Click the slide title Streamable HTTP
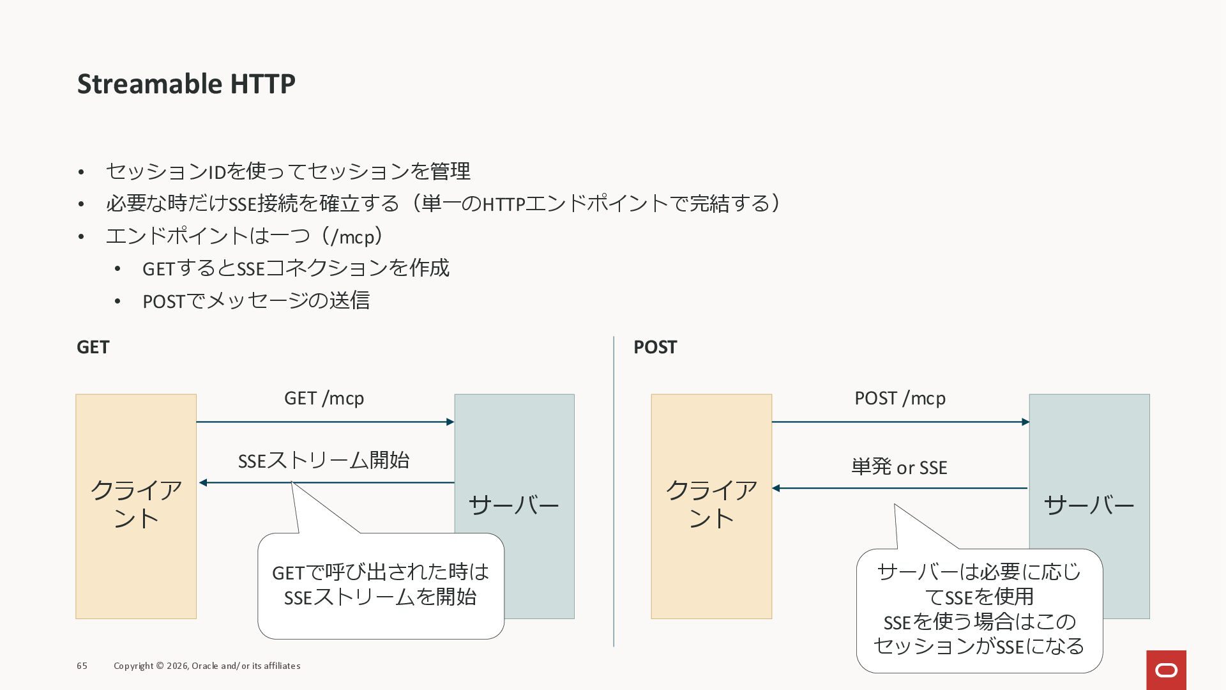tap(186, 84)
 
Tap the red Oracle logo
tap(1166, 670)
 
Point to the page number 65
tap(82, 666)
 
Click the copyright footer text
tap(207, 666)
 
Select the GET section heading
tap(93, 347)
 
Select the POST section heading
tap(655, 347)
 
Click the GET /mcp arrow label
tap(324, 398)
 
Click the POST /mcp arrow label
tap(900, 398)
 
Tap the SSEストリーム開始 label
tap(323, 460)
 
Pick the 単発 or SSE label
tap(899, 467)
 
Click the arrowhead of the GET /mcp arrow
tap(450, 422)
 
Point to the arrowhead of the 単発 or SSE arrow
tap(776, 488)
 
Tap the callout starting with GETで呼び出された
tap(381, 585)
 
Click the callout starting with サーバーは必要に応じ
tap(979, 609)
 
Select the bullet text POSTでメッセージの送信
tap(255, 300)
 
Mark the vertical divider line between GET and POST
tap(614, 492)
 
